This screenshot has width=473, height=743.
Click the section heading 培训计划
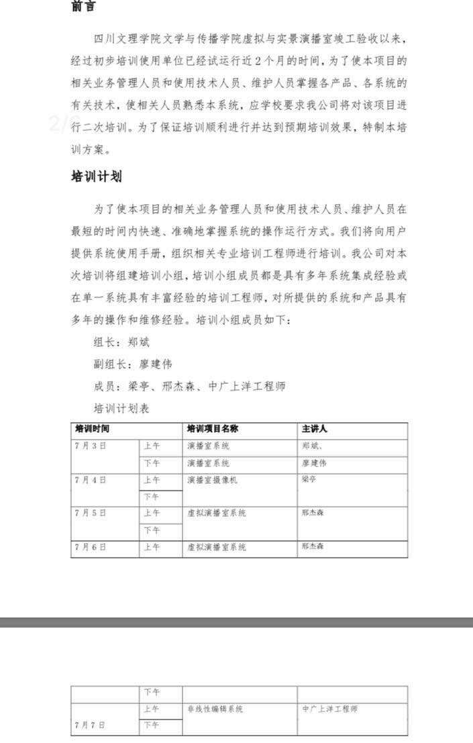pyautogui.click(x=97, y=177)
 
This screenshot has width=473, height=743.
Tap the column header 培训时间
pyautogui.click(x=92, y=429)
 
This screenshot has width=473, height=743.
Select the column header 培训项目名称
pyautogui.click(x=213, y=429)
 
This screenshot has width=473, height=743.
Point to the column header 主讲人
pyautogui.click(x=315, y=429)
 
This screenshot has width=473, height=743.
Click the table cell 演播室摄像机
pyautogui.click(x=212, y=480)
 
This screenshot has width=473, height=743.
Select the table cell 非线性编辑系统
pyautogui.click(x=215, y=709)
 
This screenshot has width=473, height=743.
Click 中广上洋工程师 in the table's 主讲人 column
pyautogui.click(x=329, y=709)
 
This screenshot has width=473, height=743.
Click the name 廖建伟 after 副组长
pyautogui.click(x=156, y=364)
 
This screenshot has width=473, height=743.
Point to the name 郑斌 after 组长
pyautogui.click(x=138, y=342)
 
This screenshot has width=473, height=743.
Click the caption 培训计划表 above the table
pyautogui.click(x=121, y=408)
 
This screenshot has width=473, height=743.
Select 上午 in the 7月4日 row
pyautogui.click(x=152, y=480)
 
